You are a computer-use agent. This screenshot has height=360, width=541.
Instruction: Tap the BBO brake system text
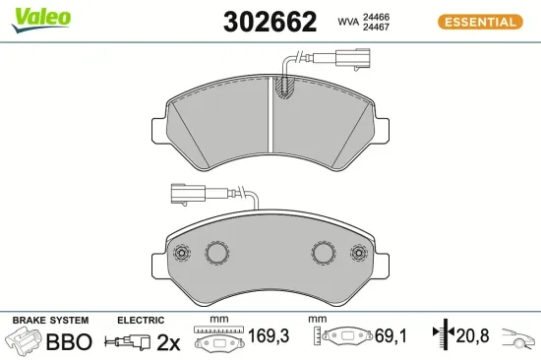71,342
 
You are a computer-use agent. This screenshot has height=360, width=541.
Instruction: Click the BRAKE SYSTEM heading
49,321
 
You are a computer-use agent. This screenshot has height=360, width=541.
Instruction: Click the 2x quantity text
169,342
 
